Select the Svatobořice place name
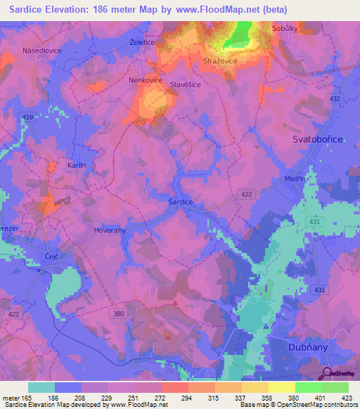pos(318,141)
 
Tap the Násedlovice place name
pos(44,51)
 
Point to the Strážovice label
pos(221,61)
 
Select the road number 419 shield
pos(27,117)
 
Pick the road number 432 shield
pos(335,99)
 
